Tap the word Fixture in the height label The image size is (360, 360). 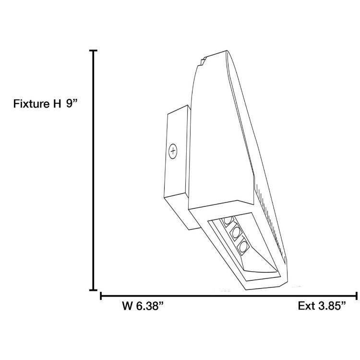30,104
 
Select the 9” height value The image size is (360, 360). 72,104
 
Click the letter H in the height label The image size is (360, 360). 57,104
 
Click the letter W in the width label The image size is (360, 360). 127,306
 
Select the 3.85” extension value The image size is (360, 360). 332,306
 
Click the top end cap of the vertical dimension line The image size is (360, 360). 93,50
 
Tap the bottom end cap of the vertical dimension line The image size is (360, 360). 93,290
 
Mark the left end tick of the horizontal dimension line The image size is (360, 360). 101,295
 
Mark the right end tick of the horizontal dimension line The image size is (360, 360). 356,295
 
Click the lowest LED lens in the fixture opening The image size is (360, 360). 244,247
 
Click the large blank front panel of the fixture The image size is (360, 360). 218,134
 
